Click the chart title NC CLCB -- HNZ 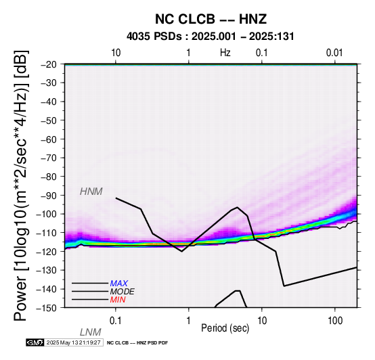(211, 19)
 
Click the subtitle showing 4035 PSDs (211, 37)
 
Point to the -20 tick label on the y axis (52, 64)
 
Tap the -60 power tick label (52, 139)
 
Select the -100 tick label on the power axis (49, 214)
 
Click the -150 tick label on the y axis (49, 308)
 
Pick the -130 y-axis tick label (49, 271)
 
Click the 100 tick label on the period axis (335, 321)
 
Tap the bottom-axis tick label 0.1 (116, 321)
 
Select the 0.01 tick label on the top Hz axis (334, 53)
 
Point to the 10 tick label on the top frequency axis (116, 53)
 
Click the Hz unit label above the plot (225, 53)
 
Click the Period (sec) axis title (225, 328)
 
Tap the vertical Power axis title (21, 185)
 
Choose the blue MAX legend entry (119, 284)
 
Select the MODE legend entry (123, 292)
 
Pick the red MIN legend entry (118, 300)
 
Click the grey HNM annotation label (91, 192)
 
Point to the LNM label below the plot (91, 332)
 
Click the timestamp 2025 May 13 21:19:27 (73, 342)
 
